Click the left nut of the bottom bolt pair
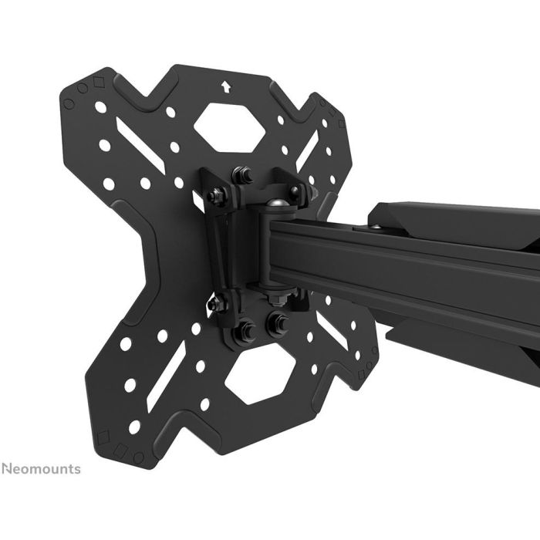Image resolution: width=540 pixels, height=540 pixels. tap(248, 330)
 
